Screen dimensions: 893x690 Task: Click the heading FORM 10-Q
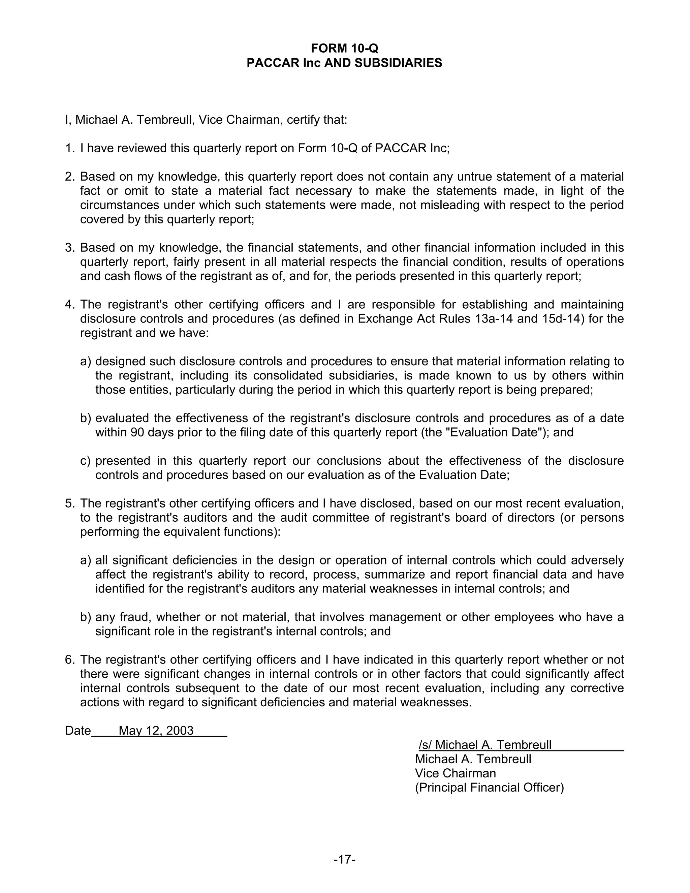(344, 48)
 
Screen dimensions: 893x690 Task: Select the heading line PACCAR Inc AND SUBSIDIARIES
(344, 63)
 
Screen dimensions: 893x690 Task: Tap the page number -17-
(344, 860)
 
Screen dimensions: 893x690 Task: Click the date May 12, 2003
(156, 730)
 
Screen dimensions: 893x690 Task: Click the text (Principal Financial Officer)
(489, 788)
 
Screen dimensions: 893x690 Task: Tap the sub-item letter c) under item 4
(85, 461)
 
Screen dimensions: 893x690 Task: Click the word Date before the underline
(78, 730)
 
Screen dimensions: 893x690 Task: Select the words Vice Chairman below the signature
(456, 773)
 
